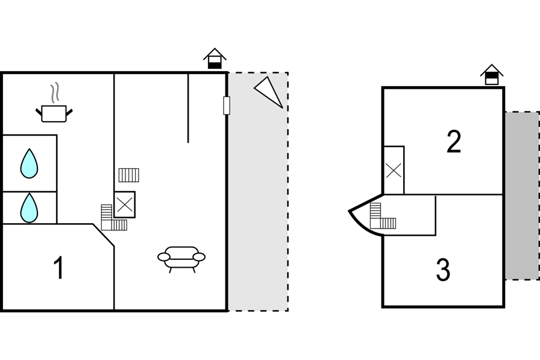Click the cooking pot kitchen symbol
point(54,113)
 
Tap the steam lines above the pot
point(55,93)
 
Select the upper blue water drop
point(30,163)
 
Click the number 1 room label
point(59,268)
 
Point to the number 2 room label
point(454,142)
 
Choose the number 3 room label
point(443,270)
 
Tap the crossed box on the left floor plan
point(125,204)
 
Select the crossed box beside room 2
point(394,170)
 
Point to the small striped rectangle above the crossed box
point(129,175)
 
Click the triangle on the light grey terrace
point(269,92)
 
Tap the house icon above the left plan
point(215,58)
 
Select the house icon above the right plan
point(492,75)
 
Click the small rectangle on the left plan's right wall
point(227,106)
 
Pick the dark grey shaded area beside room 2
point(522,195)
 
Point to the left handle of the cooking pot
point(39,112)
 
